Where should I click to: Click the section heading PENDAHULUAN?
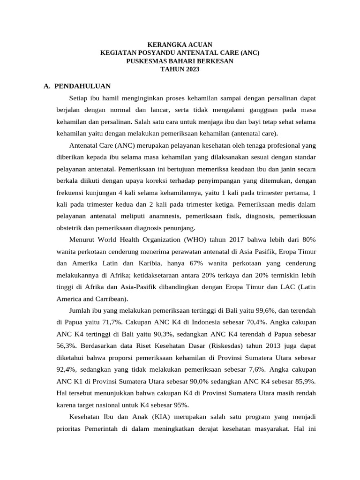(82, 86)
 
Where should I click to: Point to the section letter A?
(46, 86)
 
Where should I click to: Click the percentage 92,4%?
(67, 369)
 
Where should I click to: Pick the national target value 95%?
(180, 405)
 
